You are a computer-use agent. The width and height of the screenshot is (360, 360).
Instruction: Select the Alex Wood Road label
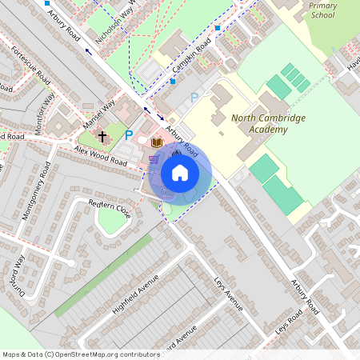[101, 156]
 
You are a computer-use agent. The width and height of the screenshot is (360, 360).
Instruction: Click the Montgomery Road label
[37, 191]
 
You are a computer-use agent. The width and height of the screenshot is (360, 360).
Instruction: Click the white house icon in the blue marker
[180, 172]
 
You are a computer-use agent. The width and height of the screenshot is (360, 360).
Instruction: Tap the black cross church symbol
[102, 137]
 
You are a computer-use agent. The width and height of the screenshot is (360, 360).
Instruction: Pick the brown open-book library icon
[157, 142]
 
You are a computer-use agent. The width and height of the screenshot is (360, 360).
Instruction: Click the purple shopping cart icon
[153, 159]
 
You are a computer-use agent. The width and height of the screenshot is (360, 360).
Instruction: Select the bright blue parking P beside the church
[128, 136]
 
